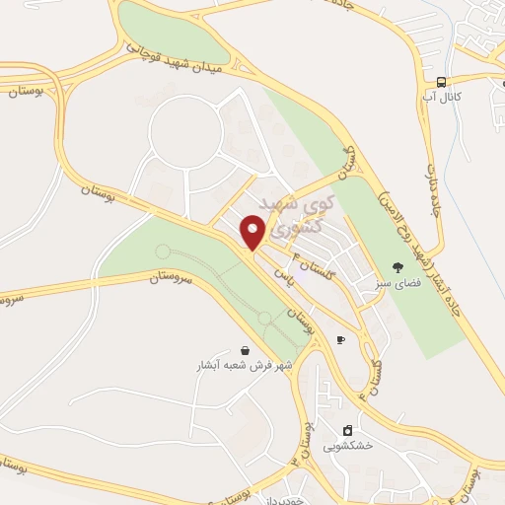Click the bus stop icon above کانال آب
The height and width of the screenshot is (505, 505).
pyautogui.click(x=443, y=83)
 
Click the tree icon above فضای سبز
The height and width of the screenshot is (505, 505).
pyautogui.click(x=397, y=267)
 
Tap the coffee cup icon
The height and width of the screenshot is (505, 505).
pyautogui.click(x=340, y=339)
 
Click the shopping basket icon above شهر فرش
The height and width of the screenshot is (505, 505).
pyautogui.click(x=244, y=350)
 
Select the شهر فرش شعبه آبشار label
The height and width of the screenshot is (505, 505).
pyautogui.click(x=244, y=366)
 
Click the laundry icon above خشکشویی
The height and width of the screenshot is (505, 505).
pyautogui.click(x=347, y=430)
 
